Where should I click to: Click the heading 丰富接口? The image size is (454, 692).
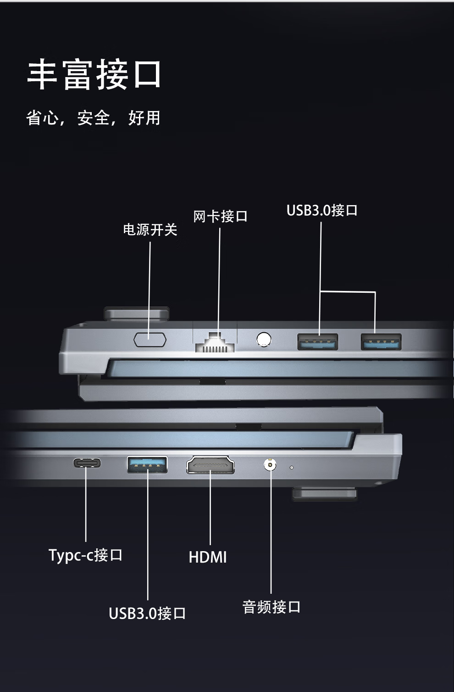pyautogui.click(x=94, y=74)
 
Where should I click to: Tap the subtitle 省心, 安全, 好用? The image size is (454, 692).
pyautogui.click(x=93, y=118)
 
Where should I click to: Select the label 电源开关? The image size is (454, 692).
pyautogui.click(x=150, y=229)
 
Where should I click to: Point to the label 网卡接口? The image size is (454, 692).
pyautogui.click(x=220, y=216)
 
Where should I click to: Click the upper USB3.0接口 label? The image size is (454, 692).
pyautogui.click(x=322, y=210)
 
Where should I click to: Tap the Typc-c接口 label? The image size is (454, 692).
pyautogui.click(x=86, y=555)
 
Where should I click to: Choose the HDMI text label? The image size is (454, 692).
pyautogui.click(x=208, y=557)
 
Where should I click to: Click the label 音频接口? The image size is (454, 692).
pyautogui.click(x=271, y=607)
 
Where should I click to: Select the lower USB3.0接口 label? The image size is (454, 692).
pyautogui.click(x=147, y=613)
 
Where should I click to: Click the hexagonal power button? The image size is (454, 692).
pyautogui.click(x=149, y=340)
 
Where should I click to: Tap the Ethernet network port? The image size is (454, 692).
pyautogui.click(x=215, y=342)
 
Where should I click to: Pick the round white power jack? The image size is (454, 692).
pyautogui.click(x=263, y=340)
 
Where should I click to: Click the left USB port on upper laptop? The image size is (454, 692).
pyautogui.click(x=318, y=342)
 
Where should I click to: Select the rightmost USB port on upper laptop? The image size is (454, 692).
pyautogui.click(x=381, y=342)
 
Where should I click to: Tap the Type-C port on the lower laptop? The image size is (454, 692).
pyautogui.click(x=87, y=463)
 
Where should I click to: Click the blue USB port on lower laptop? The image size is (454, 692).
pyautogui.click(x=147, y=464)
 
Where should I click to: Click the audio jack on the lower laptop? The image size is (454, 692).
pyautogui.click(x=270, y=464)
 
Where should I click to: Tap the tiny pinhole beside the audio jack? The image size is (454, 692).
pyautogui.click(x=292, y=468)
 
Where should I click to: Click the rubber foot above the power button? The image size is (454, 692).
pyautogui.click(x=137, y=313)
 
